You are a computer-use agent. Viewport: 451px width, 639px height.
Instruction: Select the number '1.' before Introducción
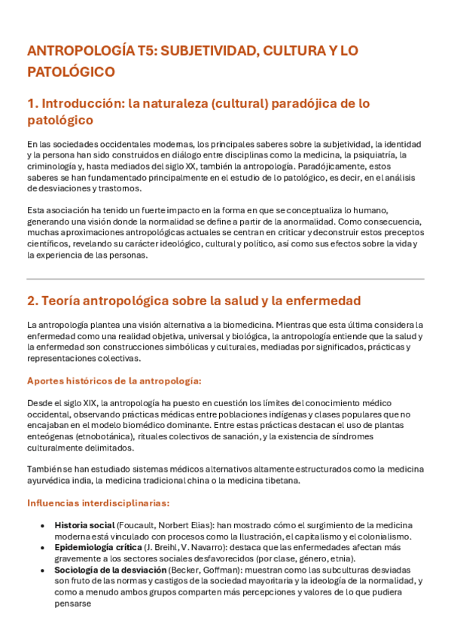(32, 102)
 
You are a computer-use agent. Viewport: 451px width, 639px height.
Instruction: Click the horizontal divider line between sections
(225, 279)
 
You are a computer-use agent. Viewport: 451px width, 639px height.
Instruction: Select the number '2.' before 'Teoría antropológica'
(33, 301)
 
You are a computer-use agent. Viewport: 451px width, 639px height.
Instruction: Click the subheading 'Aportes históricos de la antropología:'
(114, 381)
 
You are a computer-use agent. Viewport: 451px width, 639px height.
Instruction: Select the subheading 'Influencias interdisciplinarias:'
(98, 503)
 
